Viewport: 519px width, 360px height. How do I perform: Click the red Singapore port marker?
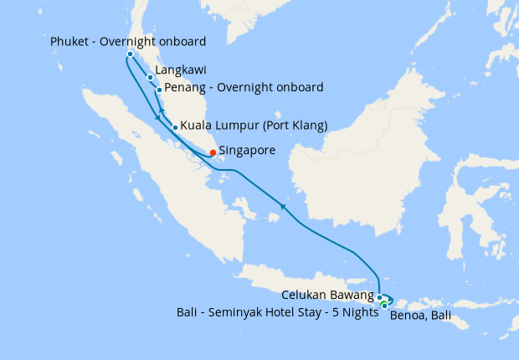pyautogui.click(x=213, y=152)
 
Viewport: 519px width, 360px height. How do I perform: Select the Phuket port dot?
pyautogui.click(x=130, y=54)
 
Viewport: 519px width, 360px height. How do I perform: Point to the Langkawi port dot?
pyautogui.click(x=150, y=78)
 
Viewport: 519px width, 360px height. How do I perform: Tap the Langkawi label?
pyautogui.click(x=181, y=70)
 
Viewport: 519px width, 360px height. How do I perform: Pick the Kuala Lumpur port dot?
pyautogui.click(x=175, y=128)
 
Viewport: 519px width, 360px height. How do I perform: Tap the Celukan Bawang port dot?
pyautogui.click(x=379, y=297)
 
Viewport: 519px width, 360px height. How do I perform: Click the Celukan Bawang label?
pyautogui.click(x=328, y=296)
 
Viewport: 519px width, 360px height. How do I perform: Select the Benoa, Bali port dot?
pyautogui.click(x=384, y=306)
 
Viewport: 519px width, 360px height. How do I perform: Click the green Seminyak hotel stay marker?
pyautogui.click(x=383, y=302)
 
